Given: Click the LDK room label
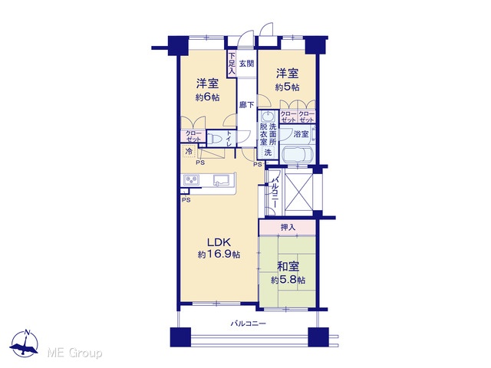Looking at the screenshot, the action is pyautogui.click(x=219, y=242).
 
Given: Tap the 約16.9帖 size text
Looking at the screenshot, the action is pyautogui.click(x=219, y=255).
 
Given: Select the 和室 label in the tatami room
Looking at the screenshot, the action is pyautogui.click(x=288, y=267).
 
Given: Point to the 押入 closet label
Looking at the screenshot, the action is pyautogui.click(x=288, y=227).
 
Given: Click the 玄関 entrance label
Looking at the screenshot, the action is pyautogui.click(x=246, y=64).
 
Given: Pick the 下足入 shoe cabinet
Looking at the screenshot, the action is pyautogui.click(x=232, y=64).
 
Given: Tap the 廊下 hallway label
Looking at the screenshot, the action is pyautogui.click(x=247, y=105).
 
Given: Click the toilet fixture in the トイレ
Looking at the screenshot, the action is pyautogui.click(x=215, y=138).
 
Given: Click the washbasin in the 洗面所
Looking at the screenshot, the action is pyautogui.click(x=268, y=117).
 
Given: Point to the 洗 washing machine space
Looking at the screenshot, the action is pyautogui.click(x=268, y=153).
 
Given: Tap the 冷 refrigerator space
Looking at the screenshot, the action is pyautogui.click(x=189, y=152).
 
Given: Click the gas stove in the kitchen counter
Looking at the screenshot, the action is pyautogui.click(x=191, y=180).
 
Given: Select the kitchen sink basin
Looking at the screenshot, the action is pyautogui.click(x=221, y=181).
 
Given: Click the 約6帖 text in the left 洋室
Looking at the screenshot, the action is pyautogui.click(x=207, y=97).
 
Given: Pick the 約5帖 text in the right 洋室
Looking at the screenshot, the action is pyautogui.click(x=287, y=87).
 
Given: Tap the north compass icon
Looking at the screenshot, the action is pyautogui.click(x=25, y=343).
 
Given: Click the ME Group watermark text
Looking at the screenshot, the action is pyautogui.click(x=74, y=353).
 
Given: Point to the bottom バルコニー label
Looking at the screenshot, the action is pyautogui.click(x=249, y=324).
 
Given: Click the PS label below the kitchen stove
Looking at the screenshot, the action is pyautogui.click(x=186, y=200).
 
